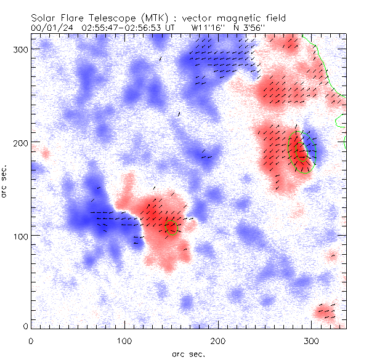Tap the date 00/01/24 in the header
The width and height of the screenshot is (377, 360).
(x=49, y=28)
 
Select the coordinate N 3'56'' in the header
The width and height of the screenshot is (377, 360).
(x=250, y=28)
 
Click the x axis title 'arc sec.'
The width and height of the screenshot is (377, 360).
(x=188, y=353)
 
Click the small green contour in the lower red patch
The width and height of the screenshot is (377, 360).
(x=171, y=228)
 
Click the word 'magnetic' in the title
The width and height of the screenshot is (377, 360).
(x=243, y=17)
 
